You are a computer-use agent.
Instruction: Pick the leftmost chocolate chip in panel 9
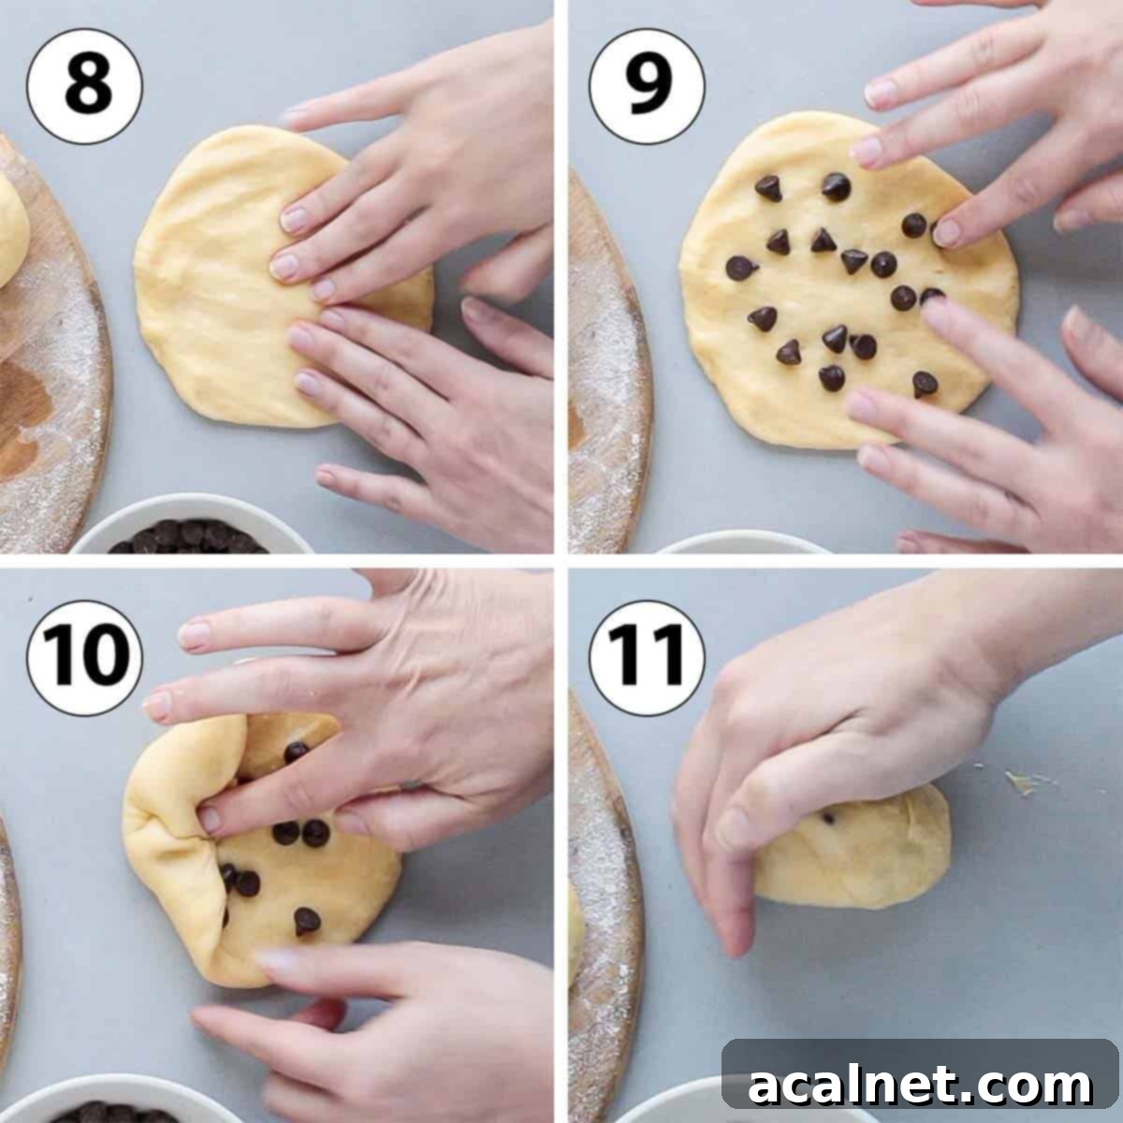coord(742,269)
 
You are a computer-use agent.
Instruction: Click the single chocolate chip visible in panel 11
coord(828,818)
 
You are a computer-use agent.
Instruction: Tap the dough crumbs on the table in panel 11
coord(1025,782)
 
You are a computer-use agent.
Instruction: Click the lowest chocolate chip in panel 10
coord(307,922)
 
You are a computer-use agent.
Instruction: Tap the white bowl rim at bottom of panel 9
coord(739,543)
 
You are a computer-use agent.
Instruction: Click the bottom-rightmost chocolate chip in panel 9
coord(925,383)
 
